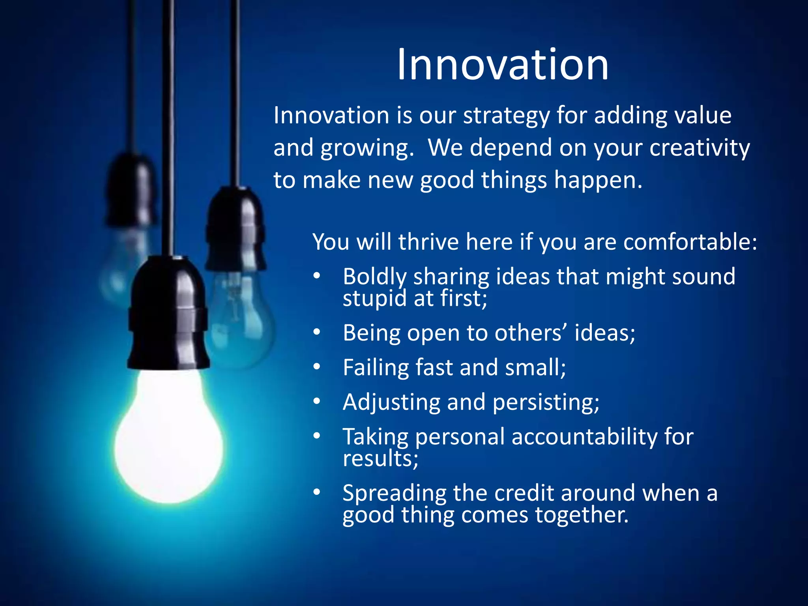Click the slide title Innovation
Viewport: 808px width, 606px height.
pyautogui.click(x=503, y=65)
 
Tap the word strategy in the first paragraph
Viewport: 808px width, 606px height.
pyautogui.click(x=506, y=116)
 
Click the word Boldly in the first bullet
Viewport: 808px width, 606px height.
pyautogui.click(x=374, y=277)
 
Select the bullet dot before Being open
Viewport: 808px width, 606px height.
pyautogui.click(x=317, y=333)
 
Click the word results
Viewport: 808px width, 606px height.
pyautogui.click(x=380, y=458)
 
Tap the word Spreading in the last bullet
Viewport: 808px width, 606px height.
pyautogui.click(x=394, y=494)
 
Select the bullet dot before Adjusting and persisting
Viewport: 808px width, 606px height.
pyautogui.click(x=317, y=402)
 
